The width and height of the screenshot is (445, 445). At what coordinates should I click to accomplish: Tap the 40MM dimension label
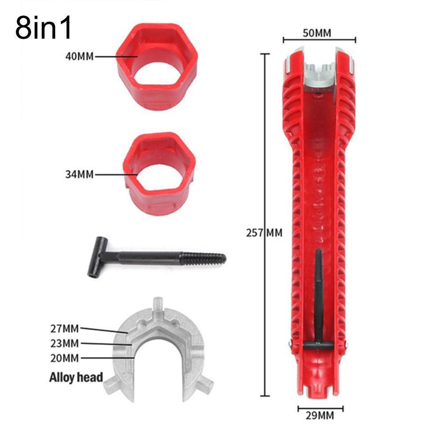pyautogui.click(x=80, y=56)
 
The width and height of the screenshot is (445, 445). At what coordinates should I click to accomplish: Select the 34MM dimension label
pyautogui.click(x=80, y=174)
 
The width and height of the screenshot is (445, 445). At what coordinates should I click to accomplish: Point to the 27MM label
pyautogui.click(x=65, y=329)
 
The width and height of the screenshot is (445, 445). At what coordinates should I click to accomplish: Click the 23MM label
pyautogui.click(x=65, y=343)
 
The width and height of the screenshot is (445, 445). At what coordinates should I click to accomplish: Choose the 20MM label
pyautogui.click(x=65, y=358)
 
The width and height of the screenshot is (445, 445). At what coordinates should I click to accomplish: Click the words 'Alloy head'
pyautogui.click(x=76, y=378)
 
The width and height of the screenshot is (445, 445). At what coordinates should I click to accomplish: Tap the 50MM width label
pyautogui.click(x=317, y=33)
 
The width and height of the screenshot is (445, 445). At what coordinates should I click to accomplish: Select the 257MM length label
pyautogui.click(x=264, y=233)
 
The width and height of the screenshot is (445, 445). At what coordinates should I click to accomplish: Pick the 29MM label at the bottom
pyautogui.click(x=320, y=416)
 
